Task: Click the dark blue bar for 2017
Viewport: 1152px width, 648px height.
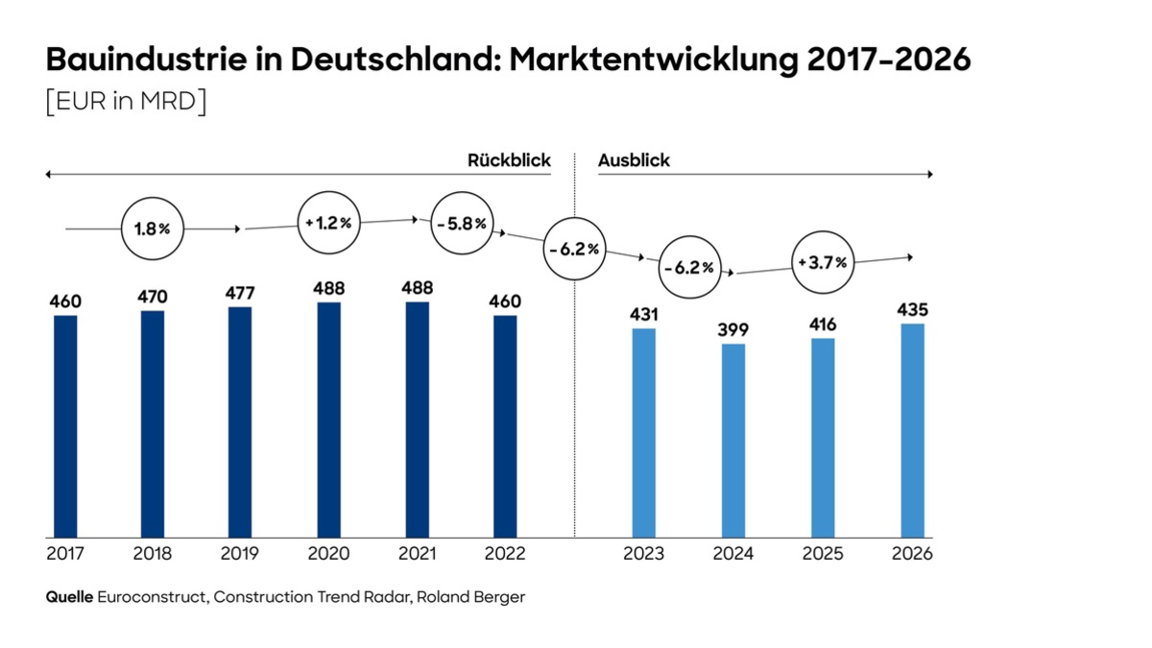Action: [65, 426]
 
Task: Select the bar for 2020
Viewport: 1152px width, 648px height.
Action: [328, 420]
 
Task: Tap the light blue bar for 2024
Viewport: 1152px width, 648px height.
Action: [733, 441]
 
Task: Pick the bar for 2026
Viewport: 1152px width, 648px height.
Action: [912, 430]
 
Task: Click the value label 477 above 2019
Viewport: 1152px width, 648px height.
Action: [240, 293]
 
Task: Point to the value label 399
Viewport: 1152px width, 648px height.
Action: [733, 330]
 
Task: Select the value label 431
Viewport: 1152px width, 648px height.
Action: [643, 315]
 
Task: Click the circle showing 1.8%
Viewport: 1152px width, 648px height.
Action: [152, 229]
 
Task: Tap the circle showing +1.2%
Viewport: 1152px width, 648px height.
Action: [328, 223]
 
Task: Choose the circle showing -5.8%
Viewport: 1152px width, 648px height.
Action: [461, 223]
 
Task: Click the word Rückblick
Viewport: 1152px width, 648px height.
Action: [509, 160]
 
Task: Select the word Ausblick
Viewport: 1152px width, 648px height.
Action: [634, 160]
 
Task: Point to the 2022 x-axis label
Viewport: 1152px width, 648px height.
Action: [505, 554]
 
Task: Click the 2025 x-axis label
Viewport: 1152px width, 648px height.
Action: [823, 554]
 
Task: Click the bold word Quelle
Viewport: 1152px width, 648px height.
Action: [69, 597]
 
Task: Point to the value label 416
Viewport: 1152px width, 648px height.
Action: [823, 324]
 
